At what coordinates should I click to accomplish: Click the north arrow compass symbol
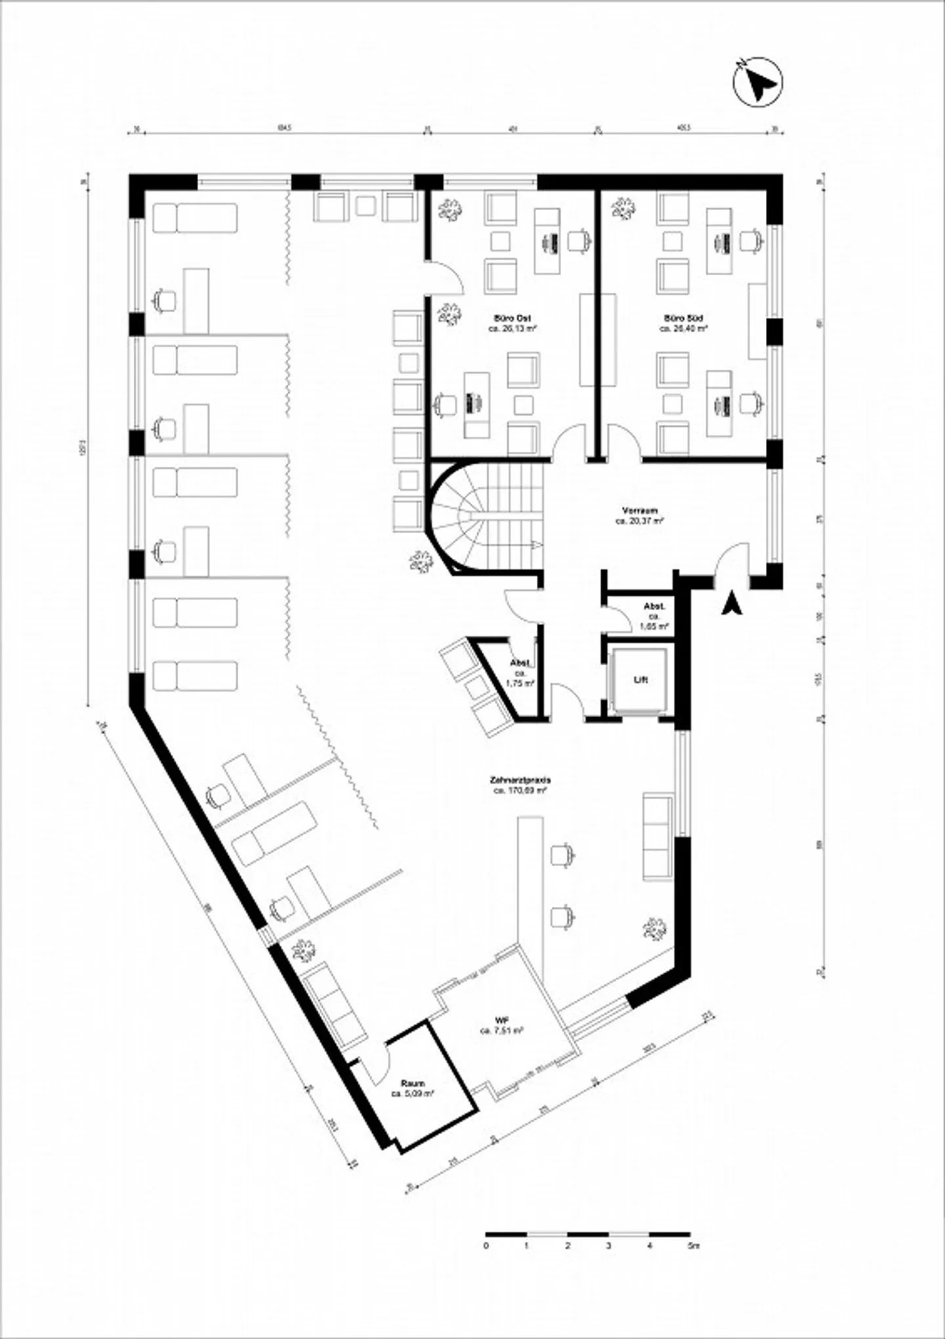[757, 81]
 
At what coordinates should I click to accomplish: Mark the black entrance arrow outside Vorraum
[730, 603]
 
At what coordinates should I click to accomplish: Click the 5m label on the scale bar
[694, 1245]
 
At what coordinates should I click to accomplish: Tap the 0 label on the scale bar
[486, 1245]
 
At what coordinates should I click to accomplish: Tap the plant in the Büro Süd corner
[622, 209]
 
